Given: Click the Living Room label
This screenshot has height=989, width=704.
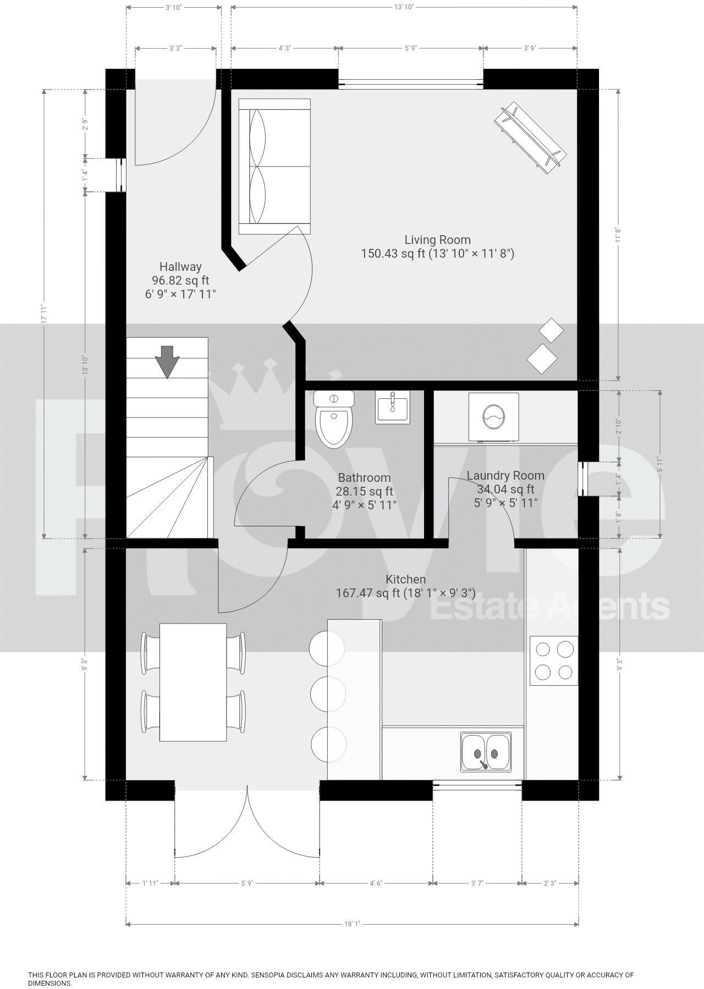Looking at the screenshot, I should point(437,240).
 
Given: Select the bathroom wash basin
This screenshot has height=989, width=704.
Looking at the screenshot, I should point(392,407).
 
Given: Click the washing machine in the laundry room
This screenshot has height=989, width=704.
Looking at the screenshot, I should point(493,416).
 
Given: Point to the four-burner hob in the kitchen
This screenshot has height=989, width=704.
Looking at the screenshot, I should point(554,660).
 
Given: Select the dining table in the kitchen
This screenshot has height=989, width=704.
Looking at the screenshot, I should point(193,682).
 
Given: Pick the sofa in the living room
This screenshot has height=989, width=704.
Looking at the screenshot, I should point(274,166).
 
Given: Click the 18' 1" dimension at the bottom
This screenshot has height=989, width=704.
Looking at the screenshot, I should point(352,924).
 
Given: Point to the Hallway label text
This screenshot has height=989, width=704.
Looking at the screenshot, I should point(180,267).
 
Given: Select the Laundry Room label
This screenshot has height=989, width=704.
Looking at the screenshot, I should point(505,476).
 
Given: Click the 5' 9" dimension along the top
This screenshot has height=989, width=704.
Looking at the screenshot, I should point(411,48).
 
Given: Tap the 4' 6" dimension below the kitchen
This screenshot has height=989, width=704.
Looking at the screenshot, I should point(376,884).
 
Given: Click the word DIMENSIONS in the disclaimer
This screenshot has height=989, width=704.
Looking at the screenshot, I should point(50,984).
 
